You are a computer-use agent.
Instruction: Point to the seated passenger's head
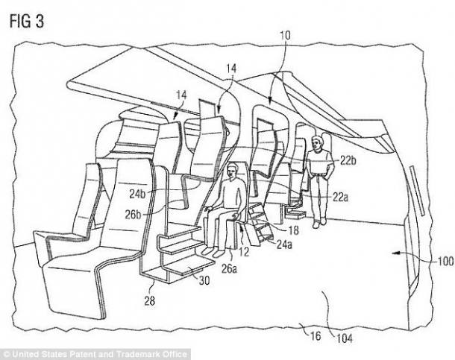pos(230,171)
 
